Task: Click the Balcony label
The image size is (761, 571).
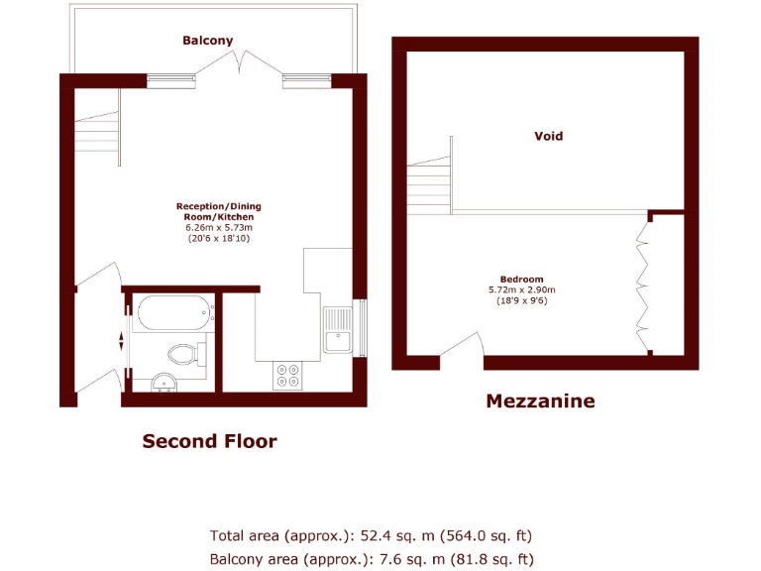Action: pyautogui.click(x=207, y=41)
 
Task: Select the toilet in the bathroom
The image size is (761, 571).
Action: pyautogui.click(x=185, y=353)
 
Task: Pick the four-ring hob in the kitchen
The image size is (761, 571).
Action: pyautogui.click(x=288, y=375)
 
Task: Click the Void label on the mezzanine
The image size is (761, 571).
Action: pyautogui.click(x=548, y=136)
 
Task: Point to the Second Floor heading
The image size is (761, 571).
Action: pyautogui.click(x=209, y=441)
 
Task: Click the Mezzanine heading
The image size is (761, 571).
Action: pyautogui.click(x=540, y=401)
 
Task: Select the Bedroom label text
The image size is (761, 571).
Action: pyautogui.click(x=521, y=279)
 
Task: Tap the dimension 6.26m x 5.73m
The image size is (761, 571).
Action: pyautogui.click(x=219, y=227)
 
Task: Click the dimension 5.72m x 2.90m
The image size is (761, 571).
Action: pyautogui.click(x=521, y=289)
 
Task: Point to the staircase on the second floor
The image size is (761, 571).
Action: pyautogui.click(x=96, y=129)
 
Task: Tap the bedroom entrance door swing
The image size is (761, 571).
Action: pyautogui.click(x=462, y=347)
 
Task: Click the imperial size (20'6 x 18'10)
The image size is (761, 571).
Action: pyautogui.click(x=219, y=238)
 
